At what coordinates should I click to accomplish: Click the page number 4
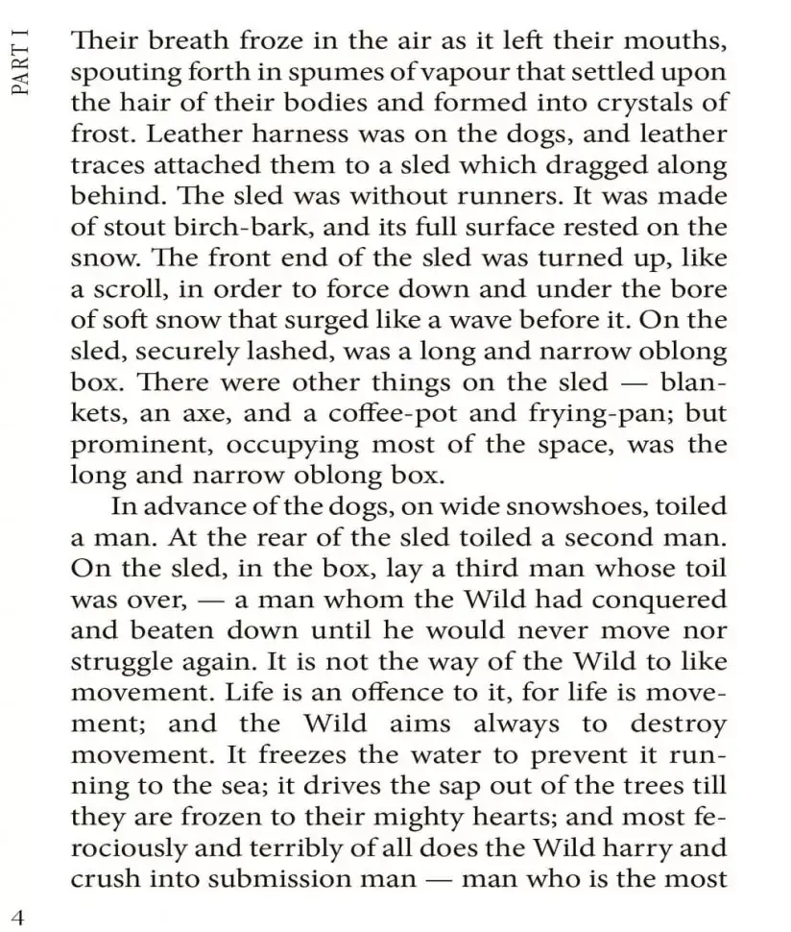click(x=16, y=914)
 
